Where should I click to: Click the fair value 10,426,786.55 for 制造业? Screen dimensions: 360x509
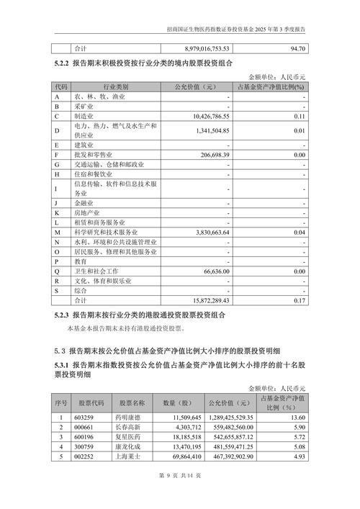click(207, 115)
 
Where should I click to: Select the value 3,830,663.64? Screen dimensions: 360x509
click(207, 233)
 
